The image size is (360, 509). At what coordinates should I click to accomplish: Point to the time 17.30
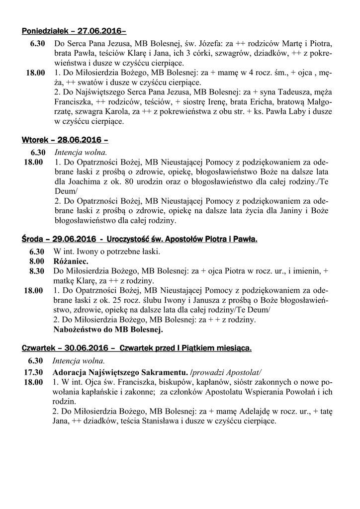pos(34,372)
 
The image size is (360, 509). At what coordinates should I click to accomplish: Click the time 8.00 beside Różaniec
pos(37,261)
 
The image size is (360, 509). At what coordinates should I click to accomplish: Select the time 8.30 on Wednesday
pos(37,271)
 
